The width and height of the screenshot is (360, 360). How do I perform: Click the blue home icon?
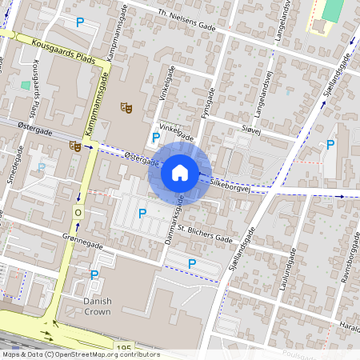(180, 172)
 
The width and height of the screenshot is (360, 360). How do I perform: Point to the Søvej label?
(252, 128)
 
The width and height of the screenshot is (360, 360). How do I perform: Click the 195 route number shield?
(124, 349)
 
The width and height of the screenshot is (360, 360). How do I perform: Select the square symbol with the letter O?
(78, 213)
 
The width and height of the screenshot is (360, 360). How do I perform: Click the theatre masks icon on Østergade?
(74, 146)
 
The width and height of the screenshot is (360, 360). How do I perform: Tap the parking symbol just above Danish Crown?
(94, 275)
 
